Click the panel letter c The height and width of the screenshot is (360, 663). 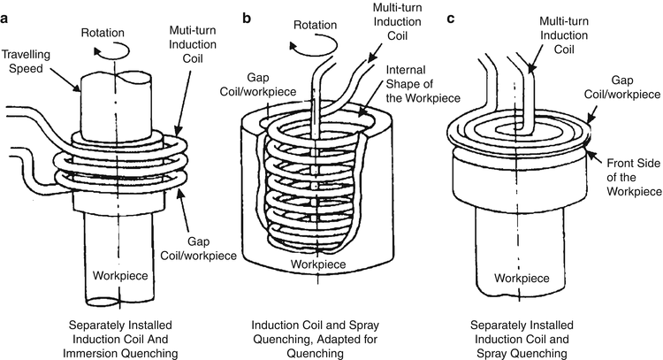pyautogui.click(x=453, y=17)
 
